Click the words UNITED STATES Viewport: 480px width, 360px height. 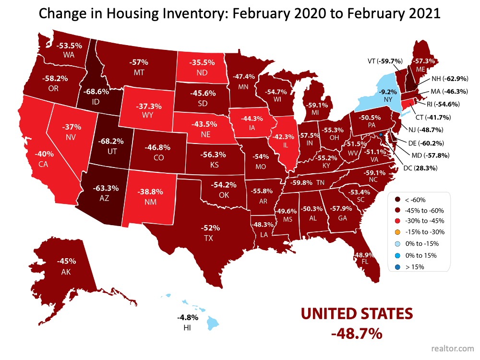[x=357, y=314]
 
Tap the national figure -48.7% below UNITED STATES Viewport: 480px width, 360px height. [x=357, y=332]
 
